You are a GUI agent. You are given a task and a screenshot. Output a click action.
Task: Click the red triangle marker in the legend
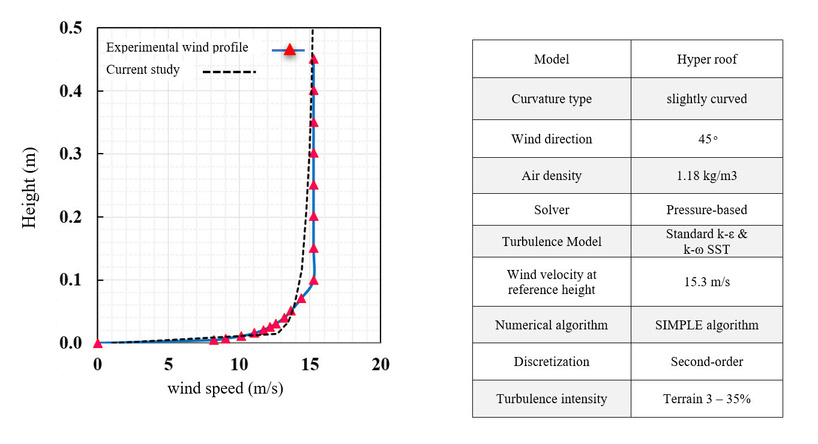[x=290, y=50]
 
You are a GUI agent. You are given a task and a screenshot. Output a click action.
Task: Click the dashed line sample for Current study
[x=229, y=72]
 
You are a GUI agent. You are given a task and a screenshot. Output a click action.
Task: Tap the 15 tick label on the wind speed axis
[x=310, y=364]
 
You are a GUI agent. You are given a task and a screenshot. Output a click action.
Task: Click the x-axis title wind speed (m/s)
[x=225, y=389]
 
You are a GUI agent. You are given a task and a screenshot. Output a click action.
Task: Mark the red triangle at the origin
[x=98, y=344]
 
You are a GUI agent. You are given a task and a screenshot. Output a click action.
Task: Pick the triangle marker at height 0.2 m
[x=313, y=217]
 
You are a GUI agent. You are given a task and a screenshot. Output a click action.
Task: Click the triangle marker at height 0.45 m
[x=313, y=59]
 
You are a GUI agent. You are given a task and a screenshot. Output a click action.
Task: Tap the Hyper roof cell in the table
[x=706, y=59]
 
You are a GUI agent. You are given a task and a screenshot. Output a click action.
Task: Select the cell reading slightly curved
[x=706, y=99]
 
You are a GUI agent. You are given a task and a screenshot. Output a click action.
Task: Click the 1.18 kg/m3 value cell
[x=706, y=176]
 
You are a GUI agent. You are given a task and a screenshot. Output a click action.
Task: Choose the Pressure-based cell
[x=706, y=210]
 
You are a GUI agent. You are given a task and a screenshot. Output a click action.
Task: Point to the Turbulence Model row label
[x=552, y=242]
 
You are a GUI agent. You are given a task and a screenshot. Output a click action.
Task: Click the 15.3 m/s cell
[x=706, y=282]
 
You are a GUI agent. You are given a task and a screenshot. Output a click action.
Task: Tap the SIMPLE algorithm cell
[x=706, y=325]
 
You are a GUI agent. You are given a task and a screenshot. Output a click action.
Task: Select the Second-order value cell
[x=706, y=362]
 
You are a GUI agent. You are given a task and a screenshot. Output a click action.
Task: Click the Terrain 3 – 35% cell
[x=706, y=399]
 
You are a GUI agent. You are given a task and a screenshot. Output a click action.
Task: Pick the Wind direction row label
[x=552, y=139]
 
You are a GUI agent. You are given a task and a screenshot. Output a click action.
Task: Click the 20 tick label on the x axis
[x=380, y=364]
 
